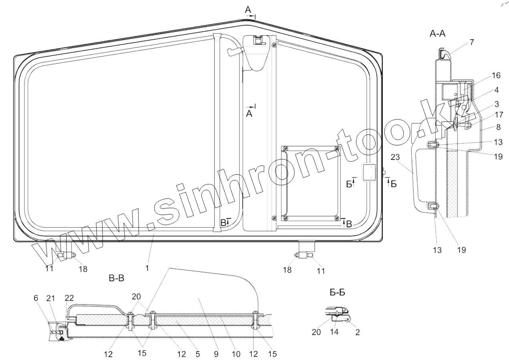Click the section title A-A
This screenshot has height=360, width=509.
tap(437, 34)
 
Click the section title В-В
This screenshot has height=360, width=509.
tap(117, 278)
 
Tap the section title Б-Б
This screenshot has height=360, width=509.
tap(337, 293)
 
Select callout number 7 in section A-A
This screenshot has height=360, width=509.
tap(472, 42)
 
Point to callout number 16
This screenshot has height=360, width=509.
tap(496, 75)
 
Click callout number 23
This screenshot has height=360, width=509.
tap(395, 157)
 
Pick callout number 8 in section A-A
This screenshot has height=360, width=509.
tap(498, 127)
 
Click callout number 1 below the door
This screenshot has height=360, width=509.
tap(147, 268)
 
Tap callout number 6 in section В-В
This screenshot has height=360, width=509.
tap(36, 298)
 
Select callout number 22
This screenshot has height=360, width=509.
tap(69, 298)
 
